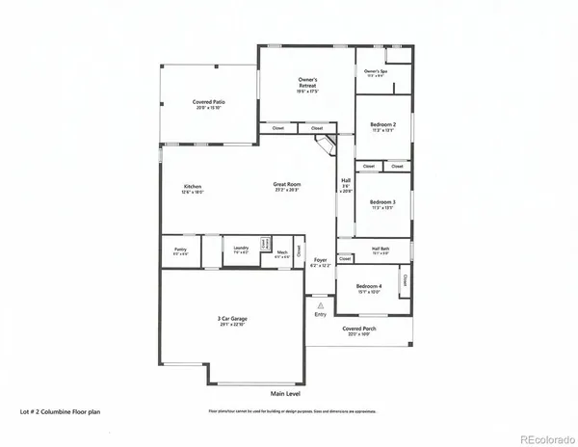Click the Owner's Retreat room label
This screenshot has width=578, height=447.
pos(308,85)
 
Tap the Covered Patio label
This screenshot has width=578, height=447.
pos(209,101)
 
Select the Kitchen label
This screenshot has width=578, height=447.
pos(194,186)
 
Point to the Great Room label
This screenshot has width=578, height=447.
pos(288,186)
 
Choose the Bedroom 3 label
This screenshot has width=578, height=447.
pos(382,202)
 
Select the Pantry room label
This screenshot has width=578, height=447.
pos(180,250)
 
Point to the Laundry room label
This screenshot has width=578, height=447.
pos(242,249)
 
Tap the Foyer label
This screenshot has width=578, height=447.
pos(321,260)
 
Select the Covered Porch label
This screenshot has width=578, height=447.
pos(359,329)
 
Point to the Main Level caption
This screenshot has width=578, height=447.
pos(287,394)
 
